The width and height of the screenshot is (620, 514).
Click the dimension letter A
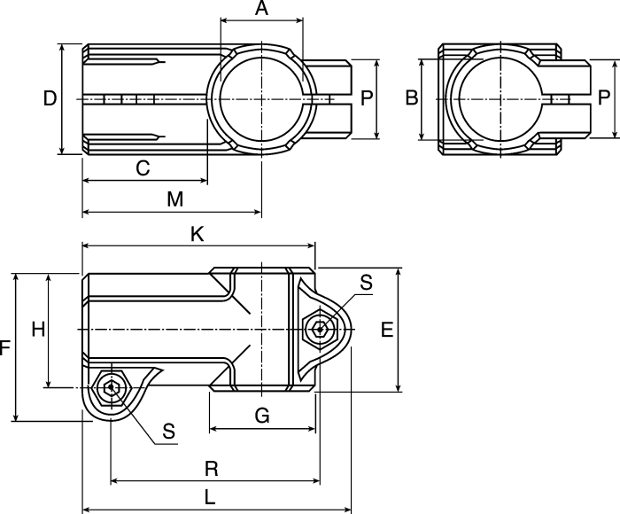coord(261,8)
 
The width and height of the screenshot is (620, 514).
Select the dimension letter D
coord(50,98)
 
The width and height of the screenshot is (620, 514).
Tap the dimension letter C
coord(143,167)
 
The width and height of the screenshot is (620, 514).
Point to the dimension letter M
coord(175,199)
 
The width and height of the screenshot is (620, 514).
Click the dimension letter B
coord(412,97)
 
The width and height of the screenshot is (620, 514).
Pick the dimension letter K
coord(197,234)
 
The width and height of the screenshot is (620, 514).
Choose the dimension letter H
coord(38,329)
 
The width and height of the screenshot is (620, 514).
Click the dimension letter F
coord(4,348)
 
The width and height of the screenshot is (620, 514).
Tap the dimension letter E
coord(387,330)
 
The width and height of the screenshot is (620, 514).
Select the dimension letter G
coord(262,416)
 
